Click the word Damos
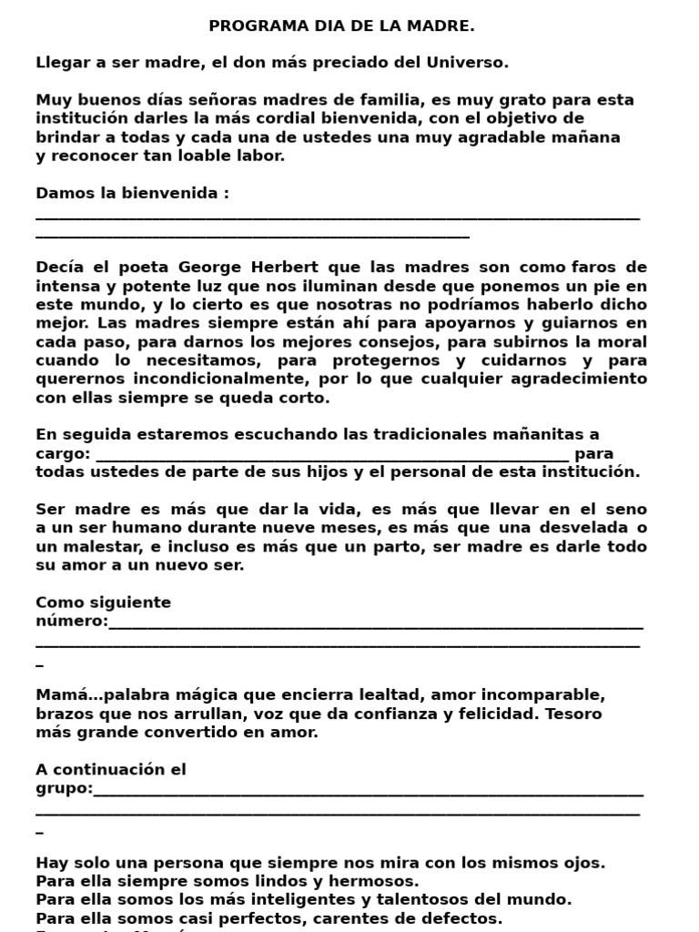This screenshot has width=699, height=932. click(x=64, y=194)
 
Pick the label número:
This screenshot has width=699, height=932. click(x=71, y=622)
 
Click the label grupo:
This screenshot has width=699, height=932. click(x=64, y=789)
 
